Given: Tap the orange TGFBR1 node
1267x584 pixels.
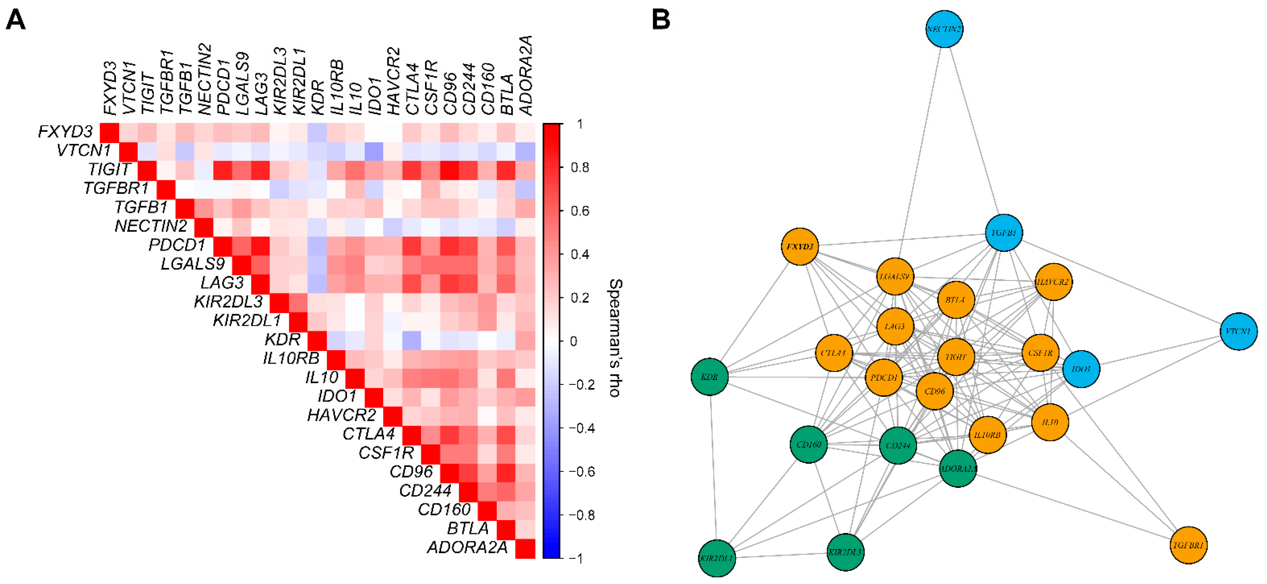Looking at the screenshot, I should click(x=1188, y=545).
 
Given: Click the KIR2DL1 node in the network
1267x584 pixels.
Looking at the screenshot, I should click(x=716, y=558).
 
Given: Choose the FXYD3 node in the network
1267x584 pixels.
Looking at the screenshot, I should click(x=800, y=246).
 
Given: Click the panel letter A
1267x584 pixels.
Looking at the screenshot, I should click(x=16, y=21).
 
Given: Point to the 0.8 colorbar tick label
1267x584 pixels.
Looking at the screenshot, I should click(x=579, y=168).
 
